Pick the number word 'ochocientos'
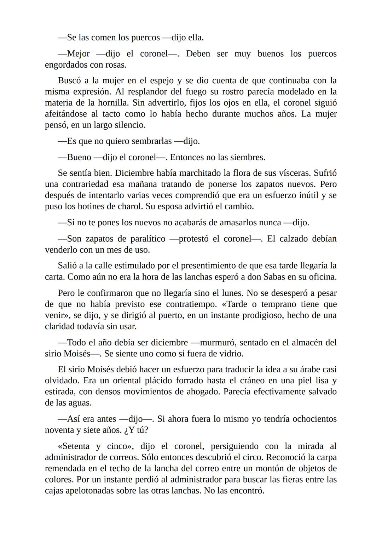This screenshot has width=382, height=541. click(312, 419)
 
